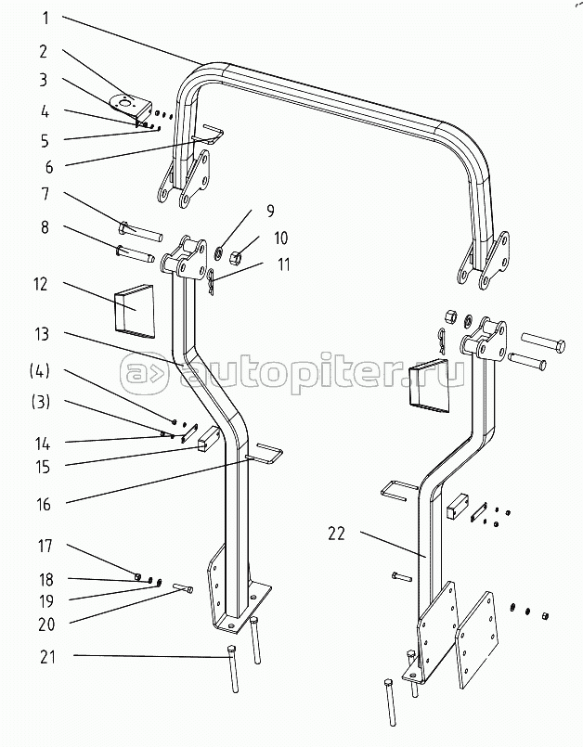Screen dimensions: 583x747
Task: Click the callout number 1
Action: (45, 19)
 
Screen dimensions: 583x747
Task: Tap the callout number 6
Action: (49, 167)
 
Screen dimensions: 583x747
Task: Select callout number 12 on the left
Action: (41, 284)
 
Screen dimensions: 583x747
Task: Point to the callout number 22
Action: (336, 534)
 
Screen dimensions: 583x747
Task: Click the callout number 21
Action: (46, 657)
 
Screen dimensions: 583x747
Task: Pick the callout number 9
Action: (270, 211)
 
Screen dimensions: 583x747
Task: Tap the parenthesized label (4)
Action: (40, 371)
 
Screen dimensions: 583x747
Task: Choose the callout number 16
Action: (44, 504)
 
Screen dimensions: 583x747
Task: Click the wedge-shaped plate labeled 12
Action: (134, 311)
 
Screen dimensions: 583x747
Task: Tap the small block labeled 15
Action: (207, 439)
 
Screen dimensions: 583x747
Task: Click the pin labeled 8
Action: (134, 253)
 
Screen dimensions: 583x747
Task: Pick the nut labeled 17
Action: (137, 576)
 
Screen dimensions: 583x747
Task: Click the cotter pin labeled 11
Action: (210, 281)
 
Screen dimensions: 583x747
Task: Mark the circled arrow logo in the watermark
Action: (144, 373)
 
